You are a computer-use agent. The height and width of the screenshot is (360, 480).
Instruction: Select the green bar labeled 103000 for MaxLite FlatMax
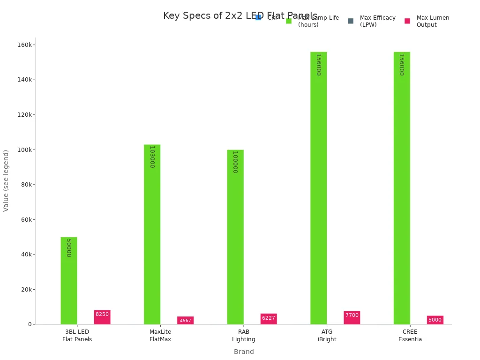point(152,234)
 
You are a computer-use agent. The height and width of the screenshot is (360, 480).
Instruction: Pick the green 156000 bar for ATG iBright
point(318,187)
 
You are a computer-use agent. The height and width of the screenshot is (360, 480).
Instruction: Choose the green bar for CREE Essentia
point(402,187)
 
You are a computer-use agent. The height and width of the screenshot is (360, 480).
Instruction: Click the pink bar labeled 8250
point(102,317)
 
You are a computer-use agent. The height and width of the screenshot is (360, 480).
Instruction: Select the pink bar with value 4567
point(185,321)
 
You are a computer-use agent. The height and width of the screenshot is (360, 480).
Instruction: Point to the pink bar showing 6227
point(269,319)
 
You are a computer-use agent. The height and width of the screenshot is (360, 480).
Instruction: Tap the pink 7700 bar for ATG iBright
point(352,318)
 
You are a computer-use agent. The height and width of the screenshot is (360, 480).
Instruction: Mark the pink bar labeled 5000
point(435,320)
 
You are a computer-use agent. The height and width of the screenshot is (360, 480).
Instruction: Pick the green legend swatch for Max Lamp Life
point(289,21)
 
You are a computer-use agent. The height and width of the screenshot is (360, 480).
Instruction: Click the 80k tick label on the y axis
point(26,185)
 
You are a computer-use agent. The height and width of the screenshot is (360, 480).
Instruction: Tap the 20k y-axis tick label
point(26,290)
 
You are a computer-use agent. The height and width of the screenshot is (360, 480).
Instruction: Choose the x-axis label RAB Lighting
point(244,336)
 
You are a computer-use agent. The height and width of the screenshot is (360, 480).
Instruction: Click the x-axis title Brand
point(244,352)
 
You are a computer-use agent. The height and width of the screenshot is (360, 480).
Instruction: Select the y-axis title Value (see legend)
point(6,180)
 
